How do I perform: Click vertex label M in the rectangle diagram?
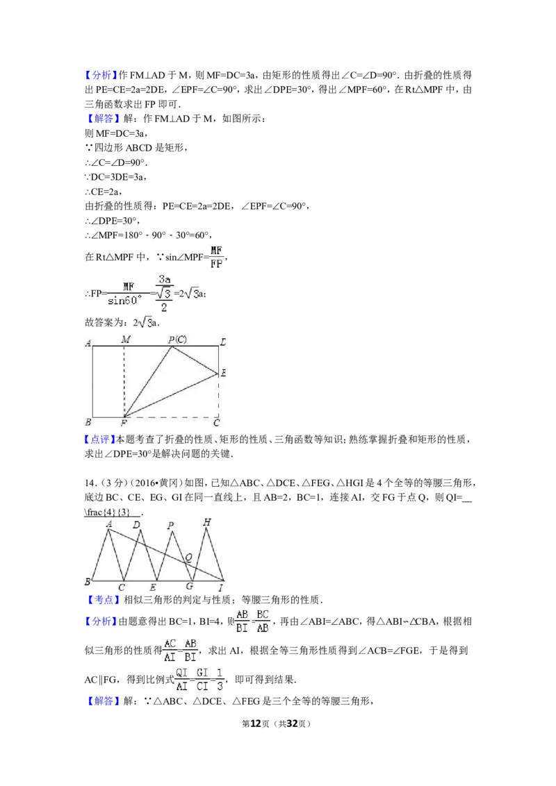[x=126, y=340]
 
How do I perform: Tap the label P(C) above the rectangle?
[x=177, y=340]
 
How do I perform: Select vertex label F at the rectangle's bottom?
[x=124, y=422]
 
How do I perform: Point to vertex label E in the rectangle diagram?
[x=224, y=374]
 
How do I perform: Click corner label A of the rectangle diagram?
[x=88, y=343]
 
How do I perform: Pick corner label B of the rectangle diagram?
[x=88, y=422]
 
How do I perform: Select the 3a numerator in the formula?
[x=165, y=279]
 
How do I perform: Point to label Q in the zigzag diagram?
[x=188, y=557]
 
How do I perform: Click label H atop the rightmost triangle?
[x=206, y=521]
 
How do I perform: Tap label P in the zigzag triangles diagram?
[x=170, y=526]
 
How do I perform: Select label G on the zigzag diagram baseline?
[x=189, y=587]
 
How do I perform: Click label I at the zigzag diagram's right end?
[x=221, y=588]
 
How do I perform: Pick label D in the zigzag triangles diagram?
[x=136, y=525]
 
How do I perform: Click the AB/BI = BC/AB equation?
[x=252, y=621]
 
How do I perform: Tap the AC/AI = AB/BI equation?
[x=180, y=649]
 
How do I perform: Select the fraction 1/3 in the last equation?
[x=220, y=678]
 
